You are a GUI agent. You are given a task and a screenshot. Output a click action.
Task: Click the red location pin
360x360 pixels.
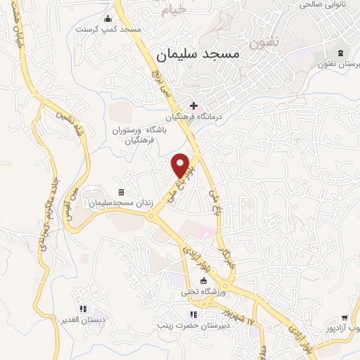tap(181, 165)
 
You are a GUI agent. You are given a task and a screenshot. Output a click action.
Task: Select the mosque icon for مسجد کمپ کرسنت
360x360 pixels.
tap(108, 19)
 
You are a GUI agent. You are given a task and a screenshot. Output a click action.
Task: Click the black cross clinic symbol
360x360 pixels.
tap(193, 105)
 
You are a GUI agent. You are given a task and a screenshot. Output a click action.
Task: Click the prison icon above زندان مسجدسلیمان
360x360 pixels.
tap(121, 192)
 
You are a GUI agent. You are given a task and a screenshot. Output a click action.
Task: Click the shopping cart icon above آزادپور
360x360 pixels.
tap(345, 318)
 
